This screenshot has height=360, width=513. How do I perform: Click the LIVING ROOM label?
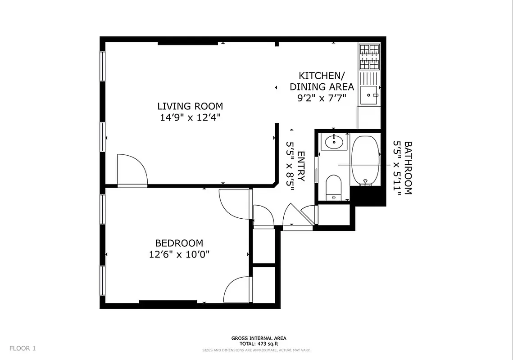click(x=190, y=106)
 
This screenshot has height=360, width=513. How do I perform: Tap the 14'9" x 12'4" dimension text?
click(x=190, y=117)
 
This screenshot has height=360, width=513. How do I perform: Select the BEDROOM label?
click(x=179, y=243)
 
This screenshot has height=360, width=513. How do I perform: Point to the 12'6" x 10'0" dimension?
click(x=179, y=254)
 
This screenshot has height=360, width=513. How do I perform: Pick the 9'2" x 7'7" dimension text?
click(x=322, y=98)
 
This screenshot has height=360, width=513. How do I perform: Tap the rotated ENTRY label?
click(x=301, y=166)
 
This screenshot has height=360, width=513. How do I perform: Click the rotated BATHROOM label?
click(x=408, y=167)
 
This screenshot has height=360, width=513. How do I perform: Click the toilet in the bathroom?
click(x=334, y=187)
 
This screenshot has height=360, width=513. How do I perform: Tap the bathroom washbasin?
click(x=334, y=142)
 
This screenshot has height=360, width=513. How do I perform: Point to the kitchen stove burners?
click(x=369, y=56)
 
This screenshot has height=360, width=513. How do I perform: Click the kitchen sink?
click(x=369, y=95)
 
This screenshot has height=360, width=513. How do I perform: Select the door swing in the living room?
click(x=132, y=170)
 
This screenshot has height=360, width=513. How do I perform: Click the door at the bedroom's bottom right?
click(x=237, y=290)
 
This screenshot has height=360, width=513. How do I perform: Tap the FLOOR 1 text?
click(x=23, y=348)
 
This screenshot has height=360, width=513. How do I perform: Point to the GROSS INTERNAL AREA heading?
click(x=259, y=338)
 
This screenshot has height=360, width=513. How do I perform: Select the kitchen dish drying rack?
click(x=369, y=78)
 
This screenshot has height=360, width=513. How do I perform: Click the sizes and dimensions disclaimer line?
click(x=256, y=350)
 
